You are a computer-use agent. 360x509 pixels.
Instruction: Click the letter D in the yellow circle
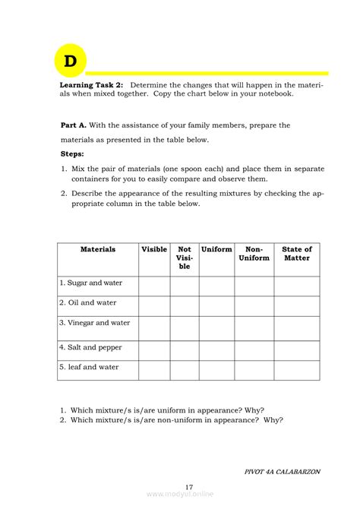pyautogui.click(x=70, y=62)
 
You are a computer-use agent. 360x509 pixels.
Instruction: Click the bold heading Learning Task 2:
pyautogui.click(x=91, y=85)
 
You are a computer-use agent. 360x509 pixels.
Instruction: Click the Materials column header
pyautogui.click(x=97, y=249)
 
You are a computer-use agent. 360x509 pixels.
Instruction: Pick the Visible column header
pyautogui.click(x=154, y=249)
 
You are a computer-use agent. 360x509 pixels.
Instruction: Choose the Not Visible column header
pyautogui.click(x=185, y=258)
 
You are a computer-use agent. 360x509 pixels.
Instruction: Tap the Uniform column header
pyautogui.click(x=216, y=249)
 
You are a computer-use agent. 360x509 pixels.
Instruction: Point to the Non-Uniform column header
pyautogui.click(x=254, y=253)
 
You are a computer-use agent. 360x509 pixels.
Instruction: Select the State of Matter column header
pyautogui.click(x=297, y=253)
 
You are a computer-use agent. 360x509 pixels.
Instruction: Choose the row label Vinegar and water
pyautogui.click(x=95, y=323)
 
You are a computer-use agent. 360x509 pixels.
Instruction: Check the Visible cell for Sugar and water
pyautogui.click(x=154, y=286)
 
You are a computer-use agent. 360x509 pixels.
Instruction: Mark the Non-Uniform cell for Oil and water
pyautogui.click(x=254, y=305)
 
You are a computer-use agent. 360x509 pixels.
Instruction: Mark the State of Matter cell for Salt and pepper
pyautogui.click(x=297, y=350)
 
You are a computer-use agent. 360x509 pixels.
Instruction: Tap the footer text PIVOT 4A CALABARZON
pyautogui.click(x=283, y=471)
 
